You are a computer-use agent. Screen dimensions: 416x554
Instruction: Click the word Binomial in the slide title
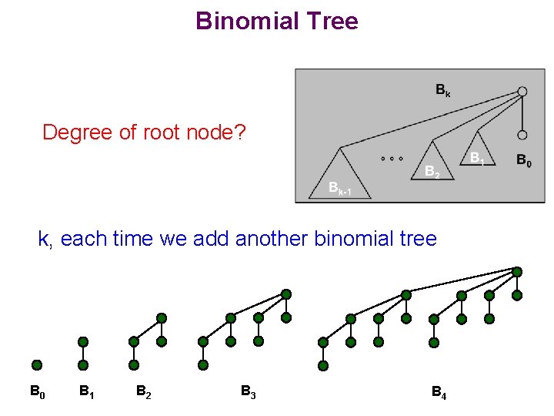245,21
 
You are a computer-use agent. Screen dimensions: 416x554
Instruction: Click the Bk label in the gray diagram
442,91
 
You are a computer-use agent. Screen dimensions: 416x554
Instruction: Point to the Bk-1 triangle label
339,188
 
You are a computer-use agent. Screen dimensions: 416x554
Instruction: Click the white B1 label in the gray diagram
477,158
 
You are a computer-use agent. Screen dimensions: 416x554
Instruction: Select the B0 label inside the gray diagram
523,161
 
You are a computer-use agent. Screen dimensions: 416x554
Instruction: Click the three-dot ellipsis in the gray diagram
392,159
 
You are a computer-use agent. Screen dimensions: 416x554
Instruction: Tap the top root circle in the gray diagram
522,92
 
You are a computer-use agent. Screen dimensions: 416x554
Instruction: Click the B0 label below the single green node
37,392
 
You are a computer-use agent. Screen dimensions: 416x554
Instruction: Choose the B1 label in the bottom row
87,392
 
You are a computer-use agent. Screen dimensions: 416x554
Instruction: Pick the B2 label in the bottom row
143,392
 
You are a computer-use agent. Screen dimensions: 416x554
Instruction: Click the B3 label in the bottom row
248,392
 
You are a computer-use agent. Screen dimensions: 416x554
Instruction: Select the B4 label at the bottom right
439,394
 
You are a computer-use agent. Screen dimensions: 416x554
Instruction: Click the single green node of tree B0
37,365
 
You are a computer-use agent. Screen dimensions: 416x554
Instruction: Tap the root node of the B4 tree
517,272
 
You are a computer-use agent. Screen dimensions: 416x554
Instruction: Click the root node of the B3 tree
286,294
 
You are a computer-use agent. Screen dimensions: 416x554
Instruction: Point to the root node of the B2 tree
162,317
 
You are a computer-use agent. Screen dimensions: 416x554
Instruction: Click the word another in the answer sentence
272,239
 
